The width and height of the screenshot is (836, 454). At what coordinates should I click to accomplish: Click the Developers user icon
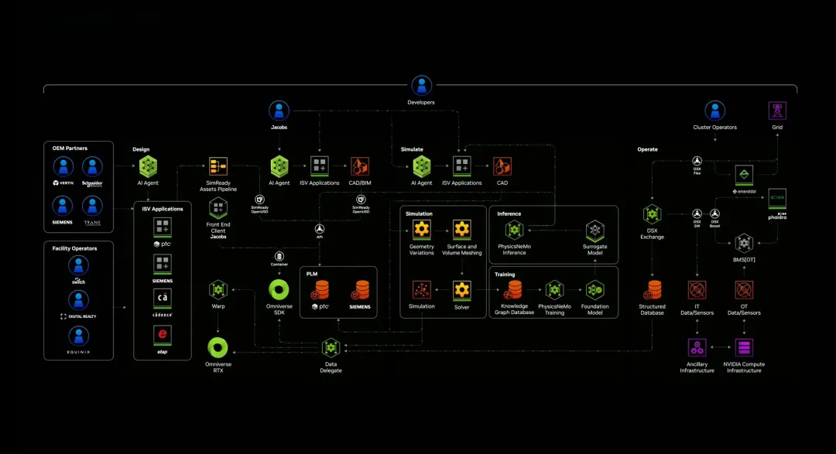coord(421,85)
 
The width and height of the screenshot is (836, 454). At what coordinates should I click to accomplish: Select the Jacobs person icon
coord(279,111)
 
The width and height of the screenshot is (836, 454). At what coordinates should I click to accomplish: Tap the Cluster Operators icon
coord(714,111)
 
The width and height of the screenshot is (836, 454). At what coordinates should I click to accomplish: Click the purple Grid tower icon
coord(776,110)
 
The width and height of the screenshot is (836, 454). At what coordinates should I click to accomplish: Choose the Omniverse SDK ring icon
coord(279,290)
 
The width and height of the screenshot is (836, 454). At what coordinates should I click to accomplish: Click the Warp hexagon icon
coord(218,290)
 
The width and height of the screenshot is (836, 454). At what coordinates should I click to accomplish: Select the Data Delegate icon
coord(331,347)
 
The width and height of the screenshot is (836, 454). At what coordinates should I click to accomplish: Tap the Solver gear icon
coord(462,290)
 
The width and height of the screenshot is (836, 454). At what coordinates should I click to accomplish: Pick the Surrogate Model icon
coord(594,230)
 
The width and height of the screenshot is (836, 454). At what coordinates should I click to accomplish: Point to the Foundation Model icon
coord(594,290)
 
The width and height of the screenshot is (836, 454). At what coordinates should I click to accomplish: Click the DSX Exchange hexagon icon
coord(652,213)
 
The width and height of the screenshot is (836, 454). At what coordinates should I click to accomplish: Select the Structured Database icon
coord(653,290)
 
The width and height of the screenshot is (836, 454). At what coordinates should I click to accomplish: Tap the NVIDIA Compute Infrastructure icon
coord(744,347)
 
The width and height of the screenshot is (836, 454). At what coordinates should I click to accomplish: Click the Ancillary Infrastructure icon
coord(697,347)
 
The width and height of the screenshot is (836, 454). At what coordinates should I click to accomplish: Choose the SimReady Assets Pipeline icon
coord(218,166)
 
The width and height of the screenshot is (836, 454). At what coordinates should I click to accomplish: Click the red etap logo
coord(163,335)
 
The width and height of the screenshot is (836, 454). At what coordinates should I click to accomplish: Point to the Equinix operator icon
coord(77,336)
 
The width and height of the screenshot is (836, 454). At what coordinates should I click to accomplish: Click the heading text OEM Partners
coord(70,148)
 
